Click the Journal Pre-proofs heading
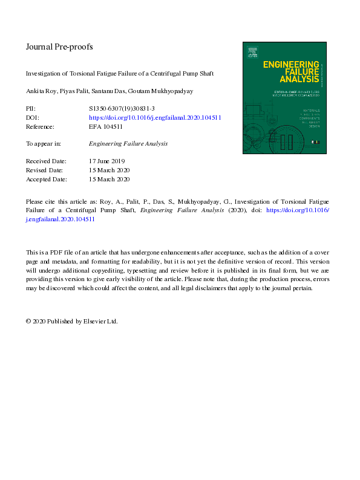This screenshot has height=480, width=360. click(59, 47)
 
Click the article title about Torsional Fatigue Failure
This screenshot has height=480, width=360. click(120, 74)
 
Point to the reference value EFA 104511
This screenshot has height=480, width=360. click(106, 126)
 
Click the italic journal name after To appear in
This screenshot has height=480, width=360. click(128, 144)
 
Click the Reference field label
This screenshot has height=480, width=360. click(40, 126)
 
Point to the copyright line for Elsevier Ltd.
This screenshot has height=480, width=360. click(71, 321)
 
